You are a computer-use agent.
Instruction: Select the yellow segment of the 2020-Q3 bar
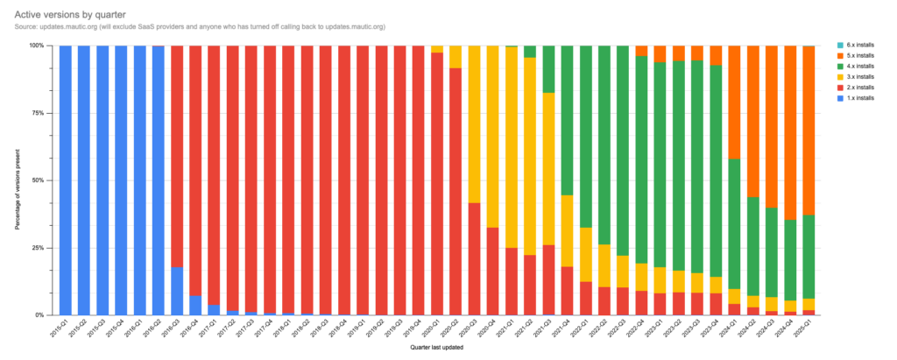(475, 124)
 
